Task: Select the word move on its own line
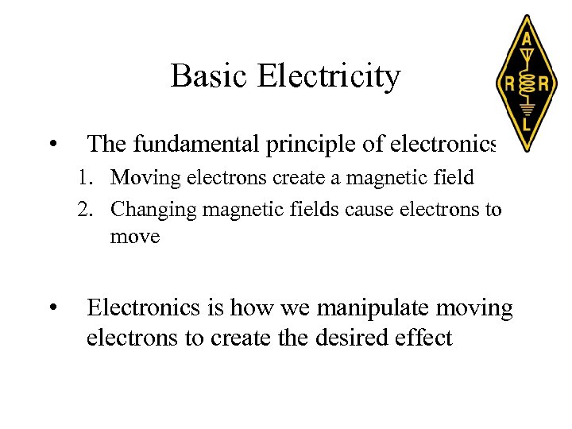pyautogui.click(x=136, y=236)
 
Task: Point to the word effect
pyautogui.click(x=423, y=338)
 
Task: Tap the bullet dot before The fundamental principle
pyautogui.click(x=52, y=145)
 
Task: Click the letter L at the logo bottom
pyautogui.click(x=526, y=124)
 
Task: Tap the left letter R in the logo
pyautogui.click(x=505, y=83)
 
